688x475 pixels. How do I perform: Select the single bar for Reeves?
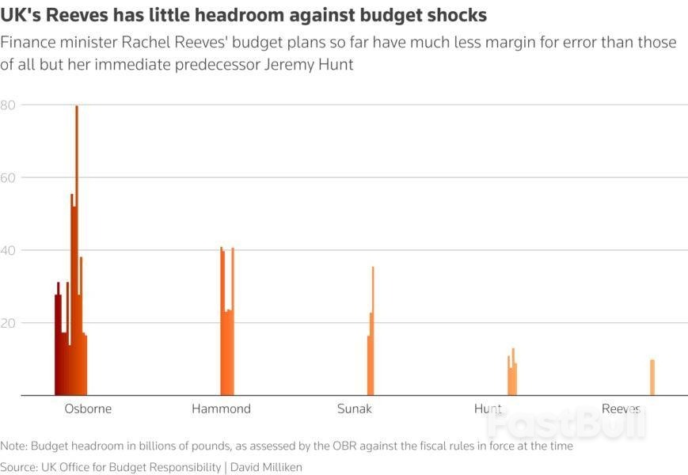click(x=652, y=378)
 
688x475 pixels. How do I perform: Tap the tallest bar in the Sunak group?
click(x=373, y=332)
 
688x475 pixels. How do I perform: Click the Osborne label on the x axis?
click(x=88, y=409)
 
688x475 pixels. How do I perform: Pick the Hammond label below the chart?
click(x=221, y=409)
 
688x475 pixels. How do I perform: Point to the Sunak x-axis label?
click(x=354, y=409)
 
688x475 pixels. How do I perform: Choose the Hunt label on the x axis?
click(x=488, y=409)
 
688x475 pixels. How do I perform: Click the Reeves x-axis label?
click(x=621, y=409)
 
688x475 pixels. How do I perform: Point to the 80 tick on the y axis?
click(x=9, y=105)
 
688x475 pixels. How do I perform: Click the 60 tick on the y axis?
click(x=9, y=178)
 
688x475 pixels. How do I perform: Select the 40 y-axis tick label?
click(x=9, y=251)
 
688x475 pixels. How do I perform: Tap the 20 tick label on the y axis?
click(x=9, y=323)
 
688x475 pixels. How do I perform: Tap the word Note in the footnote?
click(x=14, y=446)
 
